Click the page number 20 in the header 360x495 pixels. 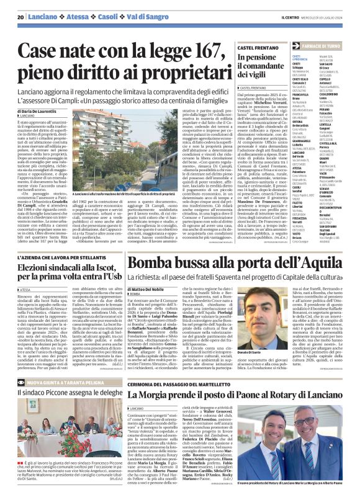(20, 17)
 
